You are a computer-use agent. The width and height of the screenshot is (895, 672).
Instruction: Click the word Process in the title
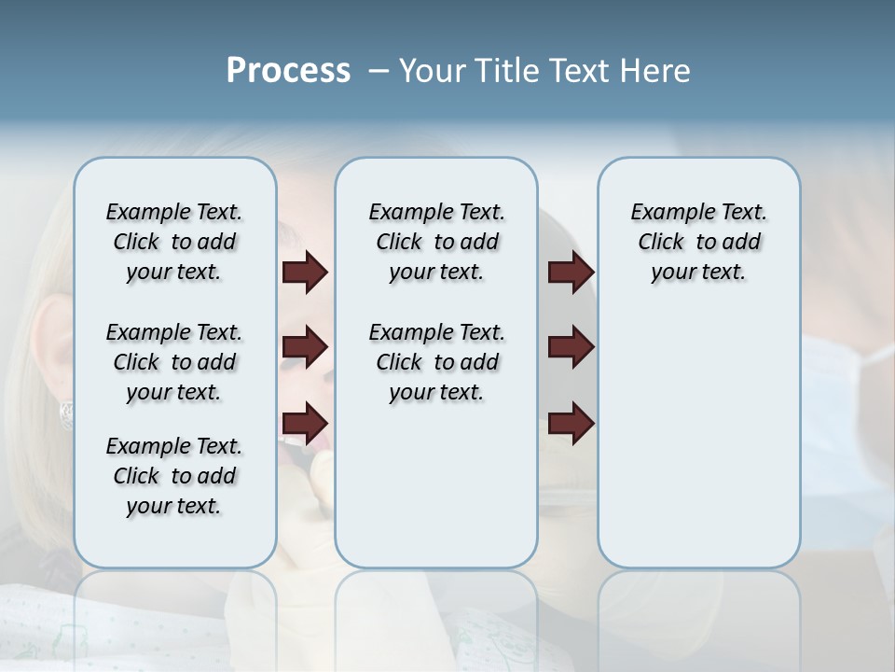click(288, 71)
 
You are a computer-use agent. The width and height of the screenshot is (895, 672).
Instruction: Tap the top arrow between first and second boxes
click(305, 272)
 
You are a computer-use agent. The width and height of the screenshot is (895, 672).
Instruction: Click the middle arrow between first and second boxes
click(305, 347)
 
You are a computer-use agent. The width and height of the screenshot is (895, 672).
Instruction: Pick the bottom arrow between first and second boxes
click(305, 423)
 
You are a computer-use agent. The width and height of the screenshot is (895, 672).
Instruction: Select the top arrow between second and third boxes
click(571, 272)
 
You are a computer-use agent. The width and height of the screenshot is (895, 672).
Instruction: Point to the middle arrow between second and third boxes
click(571, 347)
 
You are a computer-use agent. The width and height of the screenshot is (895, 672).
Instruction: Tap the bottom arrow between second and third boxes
click(571, 423)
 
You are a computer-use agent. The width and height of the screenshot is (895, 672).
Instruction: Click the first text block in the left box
click(174, 242)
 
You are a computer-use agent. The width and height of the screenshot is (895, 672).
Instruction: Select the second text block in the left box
click(174, 362)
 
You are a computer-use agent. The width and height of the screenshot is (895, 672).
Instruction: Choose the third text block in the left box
click(174, 476)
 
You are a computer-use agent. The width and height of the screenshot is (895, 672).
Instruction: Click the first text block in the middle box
click(436, 242)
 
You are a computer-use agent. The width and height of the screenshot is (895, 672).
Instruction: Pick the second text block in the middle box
click(436, 362)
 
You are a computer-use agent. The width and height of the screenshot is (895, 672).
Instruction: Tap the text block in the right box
click(699, 242)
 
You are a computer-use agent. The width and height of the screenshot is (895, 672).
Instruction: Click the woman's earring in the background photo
click(67, 413)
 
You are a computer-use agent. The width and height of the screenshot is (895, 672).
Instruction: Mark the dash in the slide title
click(379, 71)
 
